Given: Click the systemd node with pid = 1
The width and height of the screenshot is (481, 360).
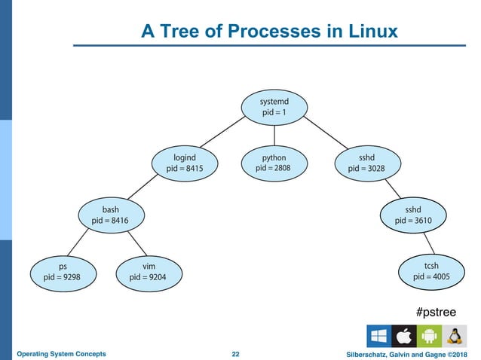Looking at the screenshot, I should click(274, 106).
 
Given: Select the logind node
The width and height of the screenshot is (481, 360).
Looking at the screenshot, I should click(185, 163).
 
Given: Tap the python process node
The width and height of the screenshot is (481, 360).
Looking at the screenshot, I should click(274, 163).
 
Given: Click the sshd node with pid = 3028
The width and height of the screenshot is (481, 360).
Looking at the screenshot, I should click(366, 163).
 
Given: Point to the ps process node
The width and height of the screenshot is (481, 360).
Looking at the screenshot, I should click(63, 271).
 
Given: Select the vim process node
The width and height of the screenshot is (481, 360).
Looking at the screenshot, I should click(149, 271).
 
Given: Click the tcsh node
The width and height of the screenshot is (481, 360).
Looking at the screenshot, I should click(431, 271).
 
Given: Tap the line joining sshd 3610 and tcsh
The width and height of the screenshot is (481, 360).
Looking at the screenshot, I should click(427, 243).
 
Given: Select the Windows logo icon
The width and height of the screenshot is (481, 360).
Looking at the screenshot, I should click(379, 336).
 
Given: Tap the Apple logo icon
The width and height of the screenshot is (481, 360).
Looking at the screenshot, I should click(404, 336).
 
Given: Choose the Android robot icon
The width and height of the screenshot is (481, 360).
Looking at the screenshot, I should click(429, 336).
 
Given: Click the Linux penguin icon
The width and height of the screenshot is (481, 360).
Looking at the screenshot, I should click(455, 336).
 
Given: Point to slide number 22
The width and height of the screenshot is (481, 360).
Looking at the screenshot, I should click(235, 354).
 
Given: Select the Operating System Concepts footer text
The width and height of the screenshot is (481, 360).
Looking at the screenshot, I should click(61, 354).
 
